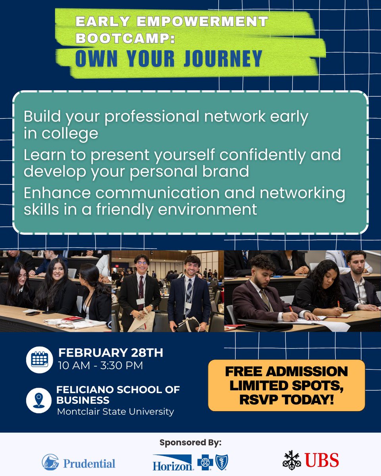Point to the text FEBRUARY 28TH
pyautogui.click(x=111, y=353)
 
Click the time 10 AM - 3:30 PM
pyautogui.click(x=100, y=365)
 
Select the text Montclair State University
pyautogui.click(x=115, y=411)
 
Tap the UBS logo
pyautogui.click(x=311, y=460)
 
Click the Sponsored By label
pyautogui.click(x=190, y=442)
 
